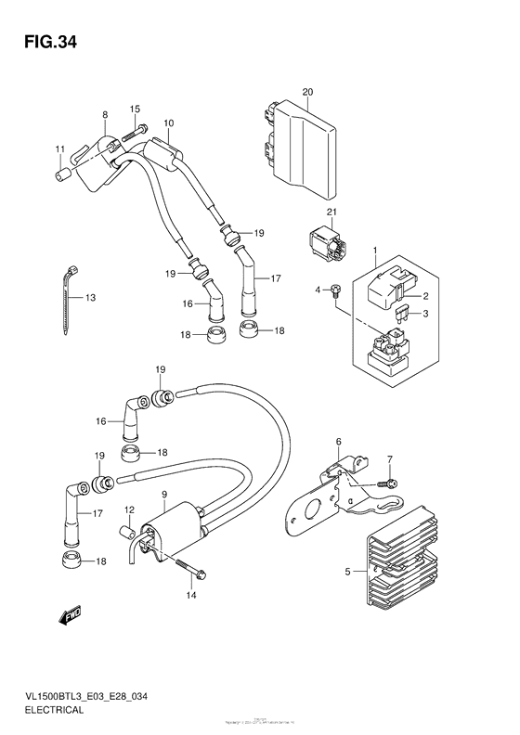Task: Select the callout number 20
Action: (x=308, y=91)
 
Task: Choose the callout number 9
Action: (x=163, y=494)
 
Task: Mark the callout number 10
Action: (x=169, y=122)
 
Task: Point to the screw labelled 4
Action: (x=336, y=290)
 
